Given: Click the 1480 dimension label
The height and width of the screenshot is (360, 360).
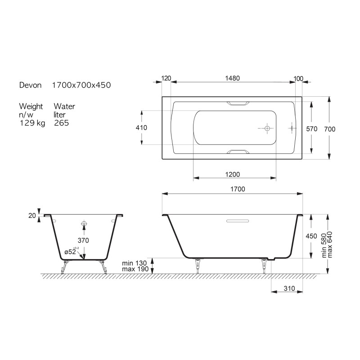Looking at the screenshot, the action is pos(232,78).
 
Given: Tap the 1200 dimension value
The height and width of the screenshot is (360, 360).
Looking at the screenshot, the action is pos(232,175).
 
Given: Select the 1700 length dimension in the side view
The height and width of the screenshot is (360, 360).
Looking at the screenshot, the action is pos(238,189).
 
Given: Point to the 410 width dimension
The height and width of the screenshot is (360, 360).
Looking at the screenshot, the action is pos(141,128).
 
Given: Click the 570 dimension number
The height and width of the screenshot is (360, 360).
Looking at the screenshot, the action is pos(311,129).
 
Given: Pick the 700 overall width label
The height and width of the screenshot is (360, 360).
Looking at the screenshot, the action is pos(330,129).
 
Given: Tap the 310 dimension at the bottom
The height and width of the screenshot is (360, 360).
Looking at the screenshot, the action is pos(289,288).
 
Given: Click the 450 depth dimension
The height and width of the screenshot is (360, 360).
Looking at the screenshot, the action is pos(311,236).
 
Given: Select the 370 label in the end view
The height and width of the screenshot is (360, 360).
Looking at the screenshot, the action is pos(83,240).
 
